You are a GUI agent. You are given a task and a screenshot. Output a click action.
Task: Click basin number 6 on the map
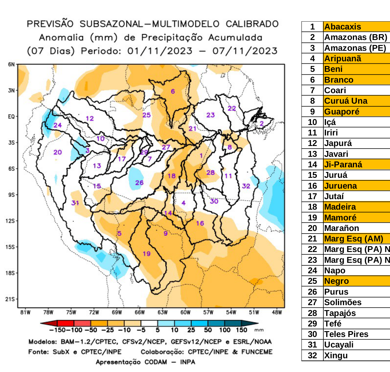tap(173, 91)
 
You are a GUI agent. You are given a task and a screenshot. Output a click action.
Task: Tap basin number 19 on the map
tap(146, 254)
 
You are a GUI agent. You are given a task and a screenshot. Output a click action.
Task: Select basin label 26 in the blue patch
tap(139, 183)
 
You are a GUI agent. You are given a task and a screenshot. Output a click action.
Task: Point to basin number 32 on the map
tap(246, 186)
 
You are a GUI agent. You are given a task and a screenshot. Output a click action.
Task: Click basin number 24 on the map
tap(58, 125)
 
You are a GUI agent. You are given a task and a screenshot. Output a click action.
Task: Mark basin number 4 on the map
tap(183, 203)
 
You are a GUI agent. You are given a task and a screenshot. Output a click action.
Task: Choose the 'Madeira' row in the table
tap(340, 207)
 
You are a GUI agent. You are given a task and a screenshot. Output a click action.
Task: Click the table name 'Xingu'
tap(336, 355)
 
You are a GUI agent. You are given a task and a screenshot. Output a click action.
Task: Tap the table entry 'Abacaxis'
tap(343, 27)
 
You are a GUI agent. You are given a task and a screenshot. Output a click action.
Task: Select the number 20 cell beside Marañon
tap(312, 228)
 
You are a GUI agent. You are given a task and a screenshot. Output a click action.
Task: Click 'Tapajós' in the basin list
tap(340, 313)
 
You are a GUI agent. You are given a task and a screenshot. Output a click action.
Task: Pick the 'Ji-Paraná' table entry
tap(343, 164)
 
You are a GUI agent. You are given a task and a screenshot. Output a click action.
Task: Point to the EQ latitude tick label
tap(11, 117)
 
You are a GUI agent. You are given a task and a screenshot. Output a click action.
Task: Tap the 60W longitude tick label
tap(185, 312)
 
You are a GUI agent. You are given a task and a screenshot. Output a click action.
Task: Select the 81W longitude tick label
tap(25, 312)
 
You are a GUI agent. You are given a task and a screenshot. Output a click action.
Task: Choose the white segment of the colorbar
tap(149, 323)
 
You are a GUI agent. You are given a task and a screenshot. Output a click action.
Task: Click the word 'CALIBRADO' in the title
tap(252, 24)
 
